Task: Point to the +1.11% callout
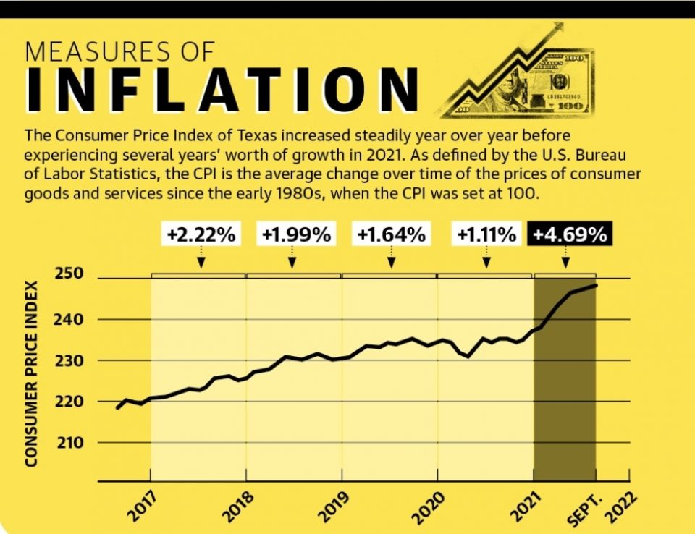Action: pos(486,234)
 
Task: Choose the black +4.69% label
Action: pos(568,234)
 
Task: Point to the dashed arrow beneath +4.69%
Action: pos(565,257)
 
